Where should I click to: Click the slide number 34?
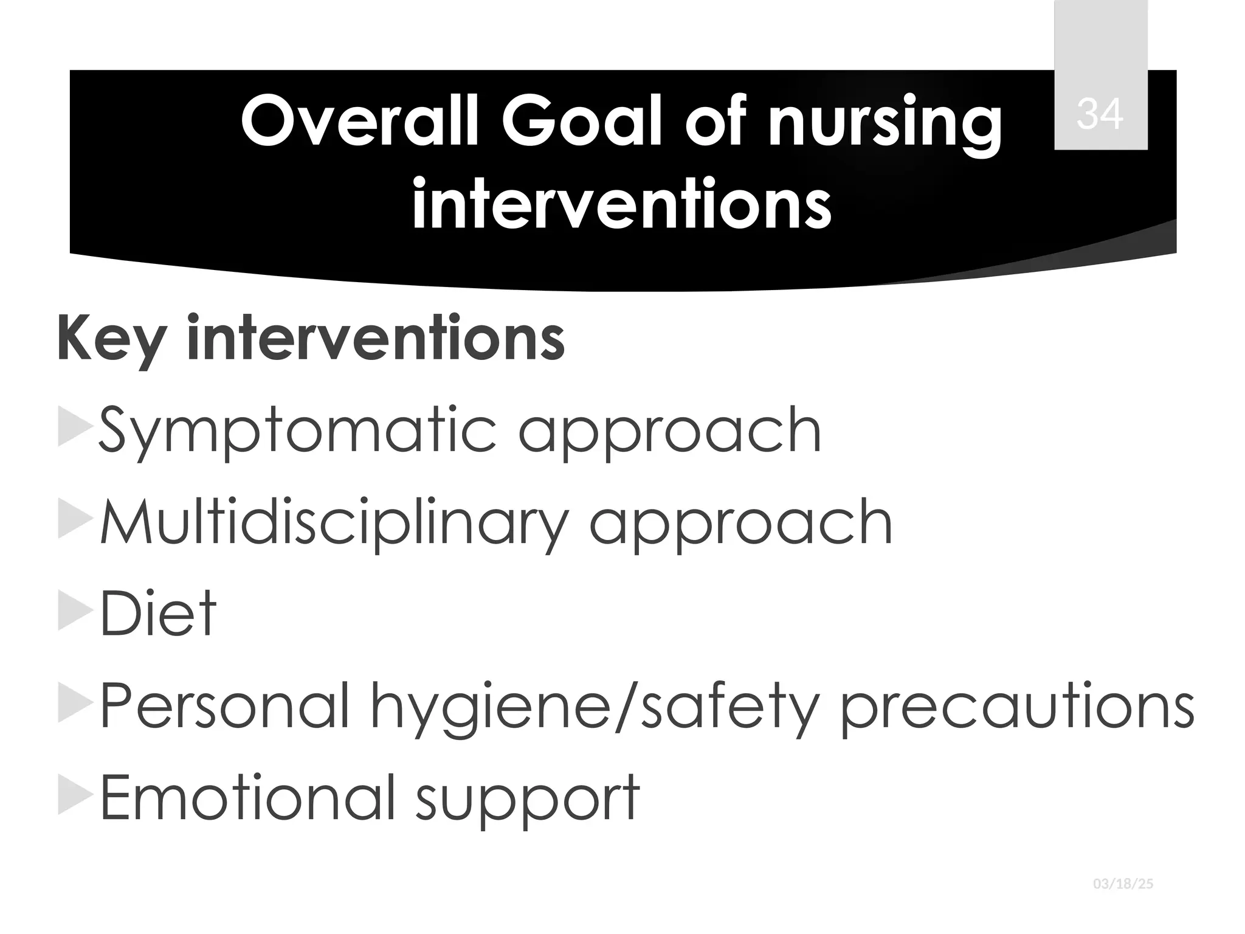coord(1100,114)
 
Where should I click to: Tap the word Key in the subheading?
coord(111,338)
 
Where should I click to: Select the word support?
coord(527,798)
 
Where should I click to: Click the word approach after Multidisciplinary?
coord(740,524)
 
